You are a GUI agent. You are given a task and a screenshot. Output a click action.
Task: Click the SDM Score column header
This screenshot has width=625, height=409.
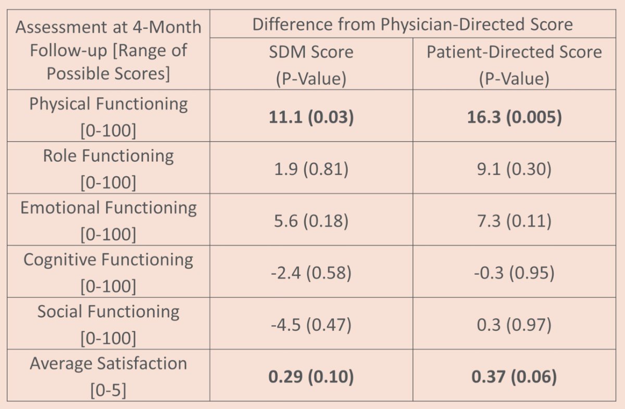point(311,65)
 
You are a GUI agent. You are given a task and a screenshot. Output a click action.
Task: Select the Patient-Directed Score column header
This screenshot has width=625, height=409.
point(514,65)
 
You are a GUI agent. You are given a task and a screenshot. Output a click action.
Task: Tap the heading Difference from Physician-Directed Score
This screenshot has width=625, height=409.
point(413,24)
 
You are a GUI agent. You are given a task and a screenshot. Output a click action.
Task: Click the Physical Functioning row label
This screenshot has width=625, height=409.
point(108,117)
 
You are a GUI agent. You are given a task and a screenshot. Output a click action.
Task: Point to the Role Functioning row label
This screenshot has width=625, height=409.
point(108,169)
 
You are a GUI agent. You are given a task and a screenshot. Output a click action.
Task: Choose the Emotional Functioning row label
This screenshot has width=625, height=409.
point(108,221)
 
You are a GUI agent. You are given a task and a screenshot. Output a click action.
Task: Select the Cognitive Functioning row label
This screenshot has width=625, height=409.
point(108,272)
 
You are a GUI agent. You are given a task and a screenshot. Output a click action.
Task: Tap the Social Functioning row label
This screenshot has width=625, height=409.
point(108,324)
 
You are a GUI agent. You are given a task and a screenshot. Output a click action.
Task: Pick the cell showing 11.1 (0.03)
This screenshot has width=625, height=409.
point(311,117)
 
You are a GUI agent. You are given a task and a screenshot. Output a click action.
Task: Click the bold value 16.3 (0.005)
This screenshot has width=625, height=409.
point(514,117)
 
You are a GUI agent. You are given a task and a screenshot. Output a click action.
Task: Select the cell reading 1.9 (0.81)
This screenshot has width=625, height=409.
point(311,169)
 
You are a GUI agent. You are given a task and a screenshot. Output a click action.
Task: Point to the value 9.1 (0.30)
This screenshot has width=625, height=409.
point(514,169)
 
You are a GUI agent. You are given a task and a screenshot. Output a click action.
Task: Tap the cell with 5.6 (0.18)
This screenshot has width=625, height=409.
point(311,221)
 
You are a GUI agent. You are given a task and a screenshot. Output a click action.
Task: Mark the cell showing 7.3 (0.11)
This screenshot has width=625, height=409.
point(514,221)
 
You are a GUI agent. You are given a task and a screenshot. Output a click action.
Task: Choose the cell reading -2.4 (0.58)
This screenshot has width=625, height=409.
point(311,273)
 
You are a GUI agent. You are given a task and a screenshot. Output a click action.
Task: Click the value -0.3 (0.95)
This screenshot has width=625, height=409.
point(514,273)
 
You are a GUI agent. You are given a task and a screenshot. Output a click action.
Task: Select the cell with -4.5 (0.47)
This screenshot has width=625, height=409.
point(311,325)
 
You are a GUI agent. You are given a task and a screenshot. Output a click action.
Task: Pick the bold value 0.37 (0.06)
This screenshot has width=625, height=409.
point(514,377)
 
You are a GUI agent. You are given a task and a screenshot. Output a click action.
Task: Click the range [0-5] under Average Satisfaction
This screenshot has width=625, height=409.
point(108,390)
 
